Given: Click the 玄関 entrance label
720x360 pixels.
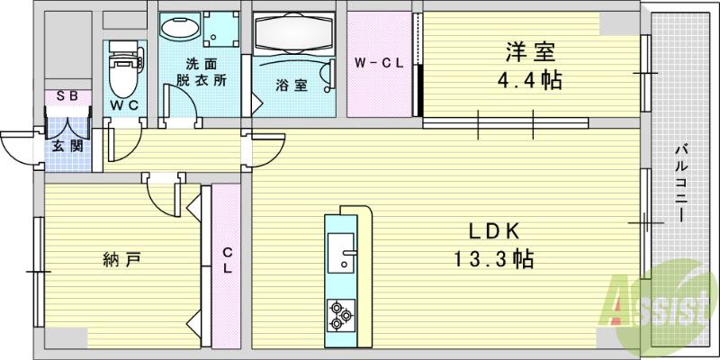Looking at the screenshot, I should [x=67, y=145].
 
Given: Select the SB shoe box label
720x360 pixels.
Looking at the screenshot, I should [x=67, y=97].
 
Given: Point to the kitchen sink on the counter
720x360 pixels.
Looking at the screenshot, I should [x=343, y=251].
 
